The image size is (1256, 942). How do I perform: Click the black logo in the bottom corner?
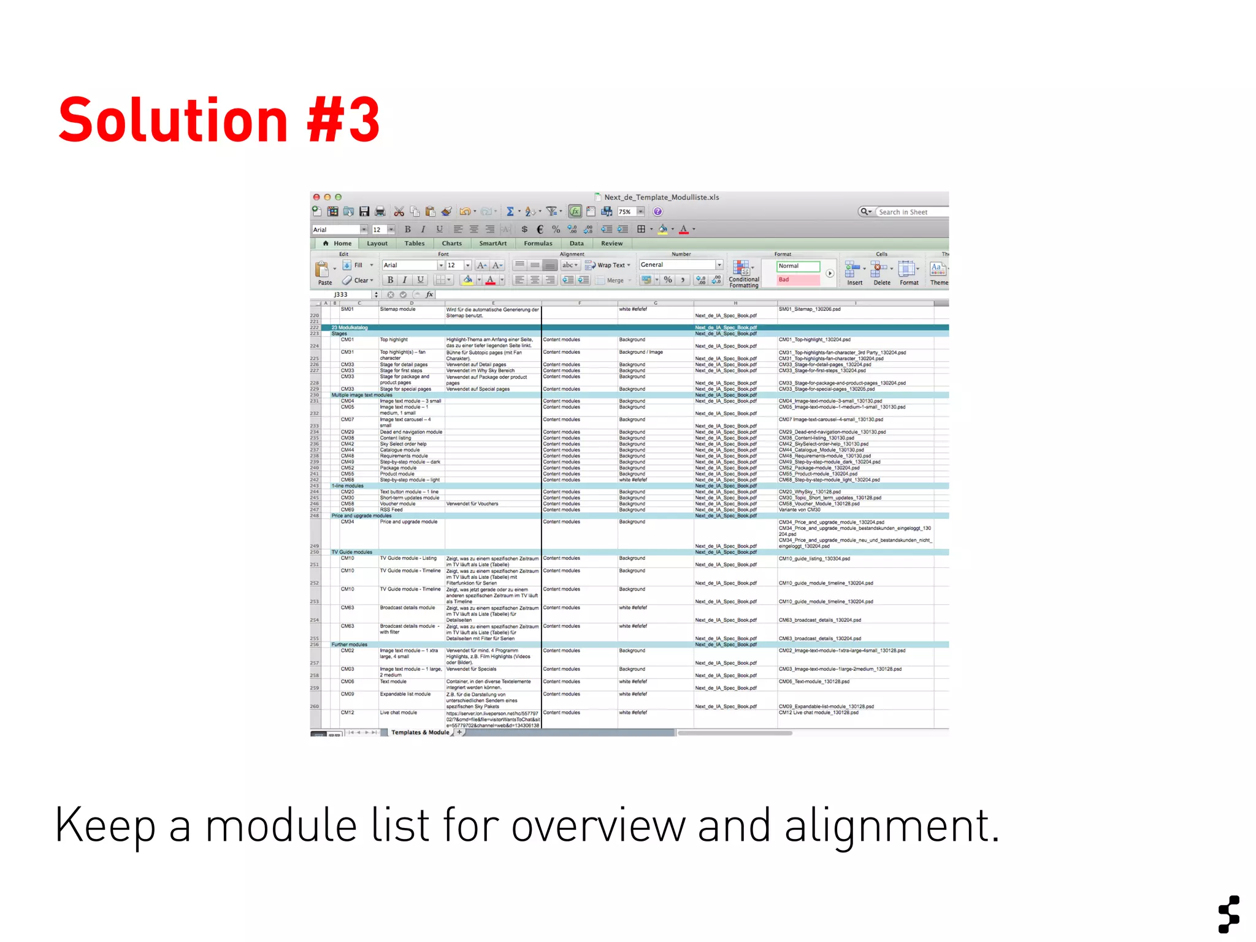[1229, 914]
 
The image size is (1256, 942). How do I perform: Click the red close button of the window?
[316, 197]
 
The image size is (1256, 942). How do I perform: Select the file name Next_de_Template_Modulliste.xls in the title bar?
[661, 197]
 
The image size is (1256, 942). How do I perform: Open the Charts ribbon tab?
[451, 243]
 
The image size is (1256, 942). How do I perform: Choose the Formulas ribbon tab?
[538, 243]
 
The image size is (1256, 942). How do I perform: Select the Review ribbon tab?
[611, 243]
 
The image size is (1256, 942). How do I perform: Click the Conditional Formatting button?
[743, 274]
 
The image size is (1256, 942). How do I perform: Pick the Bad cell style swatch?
[797, 280]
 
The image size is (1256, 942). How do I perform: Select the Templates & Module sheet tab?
[419, 732]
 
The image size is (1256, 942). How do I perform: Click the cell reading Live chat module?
[399, 713]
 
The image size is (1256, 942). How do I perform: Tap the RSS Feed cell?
[391, 510]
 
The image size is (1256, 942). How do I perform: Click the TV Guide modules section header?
[352, 552]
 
